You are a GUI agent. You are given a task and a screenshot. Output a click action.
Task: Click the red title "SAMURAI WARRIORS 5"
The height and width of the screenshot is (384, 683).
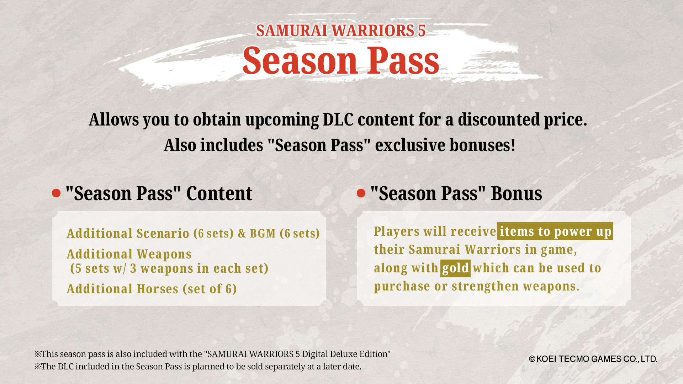click(x=341, y=31)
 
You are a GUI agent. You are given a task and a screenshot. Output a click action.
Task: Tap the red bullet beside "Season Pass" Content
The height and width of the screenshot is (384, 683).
click(x=56, y=193)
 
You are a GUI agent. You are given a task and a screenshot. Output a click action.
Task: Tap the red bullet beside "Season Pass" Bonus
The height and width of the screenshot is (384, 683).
click(x=361, y=193)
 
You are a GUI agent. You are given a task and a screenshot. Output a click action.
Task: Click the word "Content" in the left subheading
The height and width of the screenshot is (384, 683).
click(x=219, y=193)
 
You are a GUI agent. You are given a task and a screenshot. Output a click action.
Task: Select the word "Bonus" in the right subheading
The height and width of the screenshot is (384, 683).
click(x=517, y=193)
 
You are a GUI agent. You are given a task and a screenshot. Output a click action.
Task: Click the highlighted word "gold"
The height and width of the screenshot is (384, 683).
click(x=455, y=268)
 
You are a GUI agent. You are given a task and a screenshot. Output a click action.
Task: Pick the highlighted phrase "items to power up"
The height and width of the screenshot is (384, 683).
click(x=555, y=231)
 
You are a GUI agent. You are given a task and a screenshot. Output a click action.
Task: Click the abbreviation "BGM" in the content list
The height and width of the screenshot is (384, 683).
click(x=263, y=234)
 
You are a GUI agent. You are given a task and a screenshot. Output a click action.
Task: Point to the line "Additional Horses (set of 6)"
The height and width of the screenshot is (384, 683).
click(x=152, y=289)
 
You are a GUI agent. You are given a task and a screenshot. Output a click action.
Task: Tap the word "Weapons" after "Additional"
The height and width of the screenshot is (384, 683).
click(x=164, y=254)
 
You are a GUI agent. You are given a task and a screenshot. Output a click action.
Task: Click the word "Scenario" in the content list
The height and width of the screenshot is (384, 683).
click(x=163, y=234)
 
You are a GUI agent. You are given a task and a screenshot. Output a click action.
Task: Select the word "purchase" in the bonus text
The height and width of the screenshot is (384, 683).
click(x=402, y=287)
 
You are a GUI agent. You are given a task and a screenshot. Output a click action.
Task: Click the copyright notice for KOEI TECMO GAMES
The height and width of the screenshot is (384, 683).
click(x=593, y=359)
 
